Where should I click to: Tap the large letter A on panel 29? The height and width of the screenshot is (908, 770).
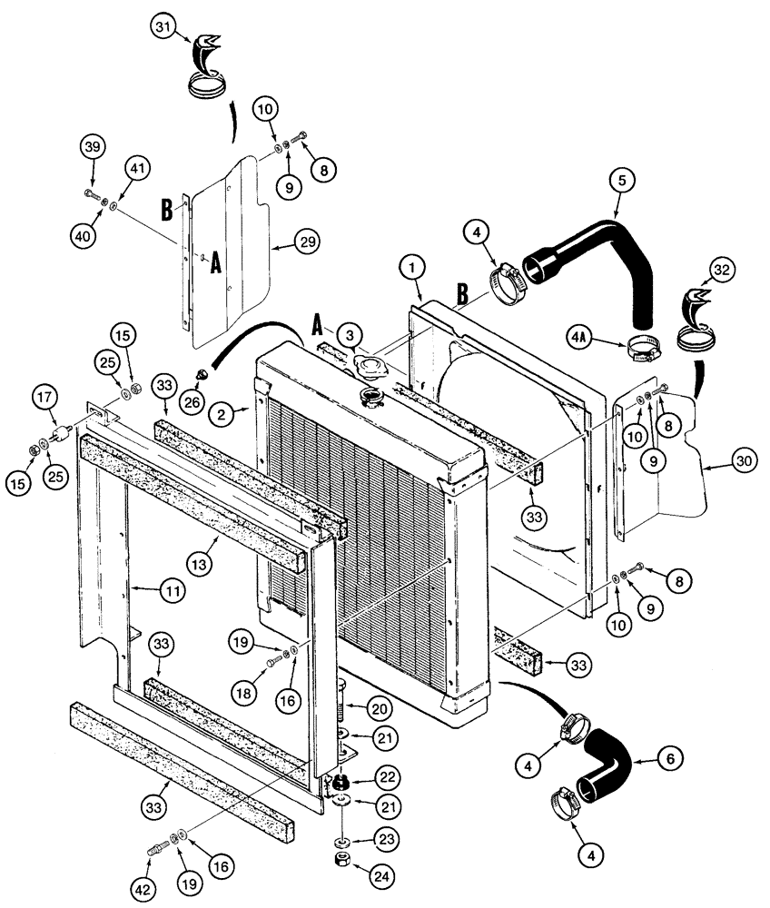[x=214, y=264]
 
